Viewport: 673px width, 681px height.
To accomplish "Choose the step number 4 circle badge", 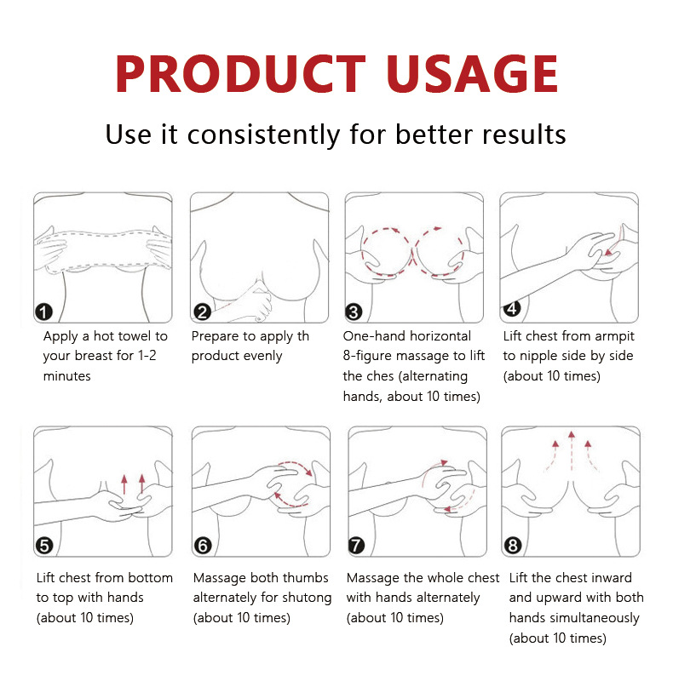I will tap(512, 307).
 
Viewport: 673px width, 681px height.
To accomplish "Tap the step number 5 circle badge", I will tap(44, 545).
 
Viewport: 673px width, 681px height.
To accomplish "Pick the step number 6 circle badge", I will tap(202, 545).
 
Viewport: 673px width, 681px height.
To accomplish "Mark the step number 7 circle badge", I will tap(359, 545).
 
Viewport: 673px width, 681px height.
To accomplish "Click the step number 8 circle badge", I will tap(512, 545).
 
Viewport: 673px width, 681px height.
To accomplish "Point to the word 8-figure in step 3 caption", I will tap(370, 356).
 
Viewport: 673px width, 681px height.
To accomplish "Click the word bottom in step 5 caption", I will tap(150, 578).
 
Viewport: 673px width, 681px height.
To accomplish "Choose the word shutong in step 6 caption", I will tap(304, 598).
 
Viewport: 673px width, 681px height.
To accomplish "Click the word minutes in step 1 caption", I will tap(66, 375).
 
